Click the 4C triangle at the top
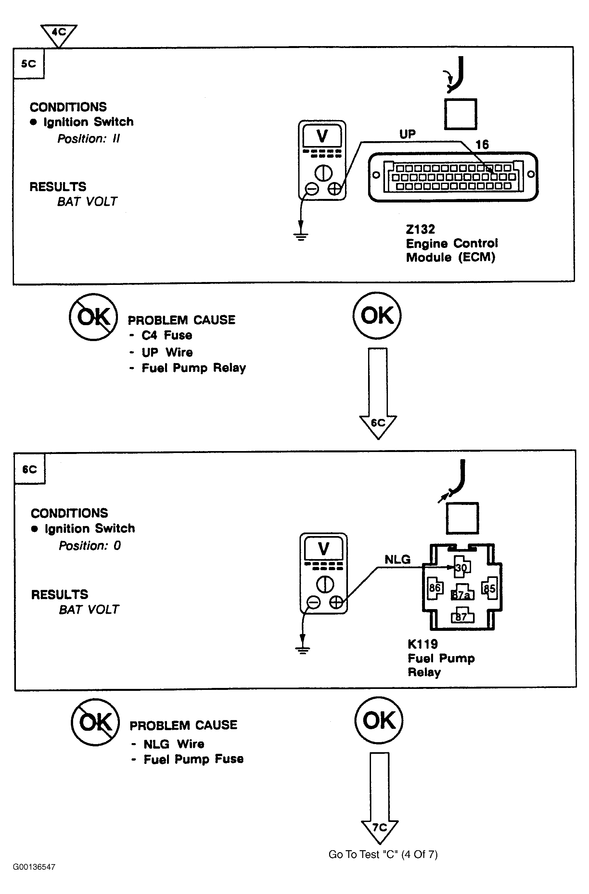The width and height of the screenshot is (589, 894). (59, 33)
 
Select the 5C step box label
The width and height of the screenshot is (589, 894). (29, 64)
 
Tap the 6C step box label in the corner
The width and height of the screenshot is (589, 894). (30, 469)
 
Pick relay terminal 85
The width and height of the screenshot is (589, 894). (489, 588)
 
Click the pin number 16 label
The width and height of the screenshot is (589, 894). (482, 145)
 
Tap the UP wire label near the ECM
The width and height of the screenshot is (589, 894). (407, 134)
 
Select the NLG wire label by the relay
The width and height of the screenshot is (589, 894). (397, 560)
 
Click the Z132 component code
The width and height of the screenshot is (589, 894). (420, 229)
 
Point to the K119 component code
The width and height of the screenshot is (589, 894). (423, 644)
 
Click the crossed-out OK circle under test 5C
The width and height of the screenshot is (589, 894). (93, 317)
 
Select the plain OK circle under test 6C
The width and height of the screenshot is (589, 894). (379, 720)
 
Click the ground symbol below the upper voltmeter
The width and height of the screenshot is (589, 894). (301, 236)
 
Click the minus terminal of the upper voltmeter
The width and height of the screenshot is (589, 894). (312, 189)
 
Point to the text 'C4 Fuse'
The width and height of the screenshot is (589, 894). (167, 335)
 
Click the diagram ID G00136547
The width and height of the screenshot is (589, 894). (34, 867)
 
